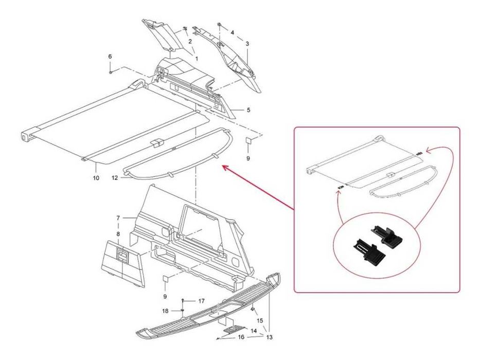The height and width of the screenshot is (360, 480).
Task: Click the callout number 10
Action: coord(96,178)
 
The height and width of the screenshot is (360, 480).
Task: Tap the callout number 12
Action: coord(115,178)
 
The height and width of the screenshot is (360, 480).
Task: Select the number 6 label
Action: coord(110,57)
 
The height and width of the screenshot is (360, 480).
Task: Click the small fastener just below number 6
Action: coord(110,72)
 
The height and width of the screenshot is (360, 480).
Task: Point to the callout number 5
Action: coord(248,110)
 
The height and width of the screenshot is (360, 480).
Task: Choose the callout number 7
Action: coord(118,218)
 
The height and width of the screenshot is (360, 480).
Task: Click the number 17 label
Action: coord(201,301)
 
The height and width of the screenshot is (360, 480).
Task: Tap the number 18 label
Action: coord(165,311)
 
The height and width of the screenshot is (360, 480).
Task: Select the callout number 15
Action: coord(260,321)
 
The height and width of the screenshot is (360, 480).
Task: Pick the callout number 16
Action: coord(241,337)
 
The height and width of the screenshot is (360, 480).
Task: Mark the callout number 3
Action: coord(247,44)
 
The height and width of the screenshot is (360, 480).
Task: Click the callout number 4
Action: coord(233,32)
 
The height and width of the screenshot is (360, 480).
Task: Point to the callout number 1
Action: coord(196,58)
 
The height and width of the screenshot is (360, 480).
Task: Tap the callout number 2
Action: coord(190,41)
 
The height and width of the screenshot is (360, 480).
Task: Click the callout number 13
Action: coord(270,337)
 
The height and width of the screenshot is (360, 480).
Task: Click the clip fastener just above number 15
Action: coord(253,309)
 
